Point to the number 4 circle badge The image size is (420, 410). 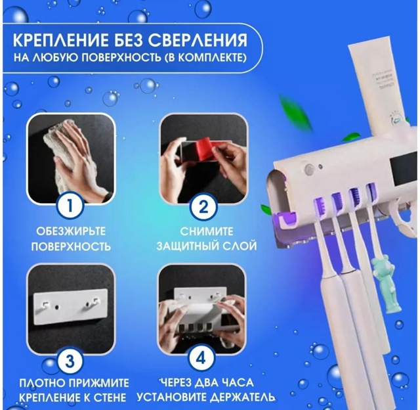point(203,360)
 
